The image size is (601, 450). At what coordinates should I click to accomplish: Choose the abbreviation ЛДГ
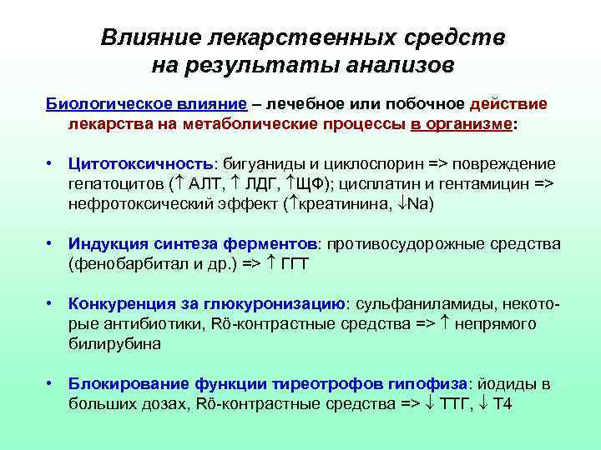(x=270, y=183)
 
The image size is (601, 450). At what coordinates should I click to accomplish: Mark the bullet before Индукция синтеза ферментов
(x=52, y=244)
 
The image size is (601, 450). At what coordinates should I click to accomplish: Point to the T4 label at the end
(x=504, y=404)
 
